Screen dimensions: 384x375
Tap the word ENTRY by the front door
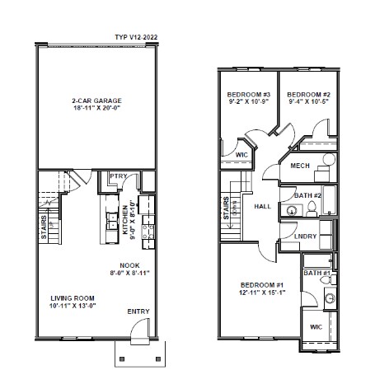coord(138,311)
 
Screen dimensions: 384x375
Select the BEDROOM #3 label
coord(249,95)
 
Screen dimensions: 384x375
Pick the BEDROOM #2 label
coord(308,95)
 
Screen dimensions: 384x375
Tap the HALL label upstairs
coord(263,206)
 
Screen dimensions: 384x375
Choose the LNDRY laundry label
coord(304,236)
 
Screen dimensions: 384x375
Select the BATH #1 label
coord(316,273)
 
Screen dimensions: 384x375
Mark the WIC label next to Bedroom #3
coord(242,154)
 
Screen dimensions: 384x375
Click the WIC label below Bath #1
coord(316,326)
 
